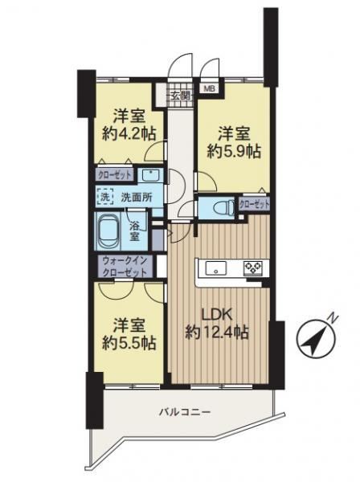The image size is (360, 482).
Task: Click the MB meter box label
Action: [x=210, y=89]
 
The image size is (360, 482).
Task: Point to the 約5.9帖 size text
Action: [x=234, y=151]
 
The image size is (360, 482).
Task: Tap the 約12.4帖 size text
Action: [x=217, y=332]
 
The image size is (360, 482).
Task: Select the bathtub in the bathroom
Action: [x=108, y=231]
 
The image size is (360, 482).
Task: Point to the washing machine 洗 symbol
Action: [x=105, y=197]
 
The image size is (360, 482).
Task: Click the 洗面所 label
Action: [x=137, y=197]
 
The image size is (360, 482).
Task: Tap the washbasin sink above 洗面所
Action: [x=150, y=175]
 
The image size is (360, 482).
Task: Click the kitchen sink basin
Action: [x=216, y=268]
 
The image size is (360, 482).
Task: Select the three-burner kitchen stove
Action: [x=253, y=268]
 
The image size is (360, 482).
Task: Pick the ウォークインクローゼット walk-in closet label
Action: [x=125, y=267]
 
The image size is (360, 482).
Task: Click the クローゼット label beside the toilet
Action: [x=254, y=204]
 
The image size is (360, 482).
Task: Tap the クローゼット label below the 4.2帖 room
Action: [x=115, y=174]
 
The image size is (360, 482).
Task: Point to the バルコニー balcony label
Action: [x=185, y=411]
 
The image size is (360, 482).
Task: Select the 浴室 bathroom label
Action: [x=134, y=231]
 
